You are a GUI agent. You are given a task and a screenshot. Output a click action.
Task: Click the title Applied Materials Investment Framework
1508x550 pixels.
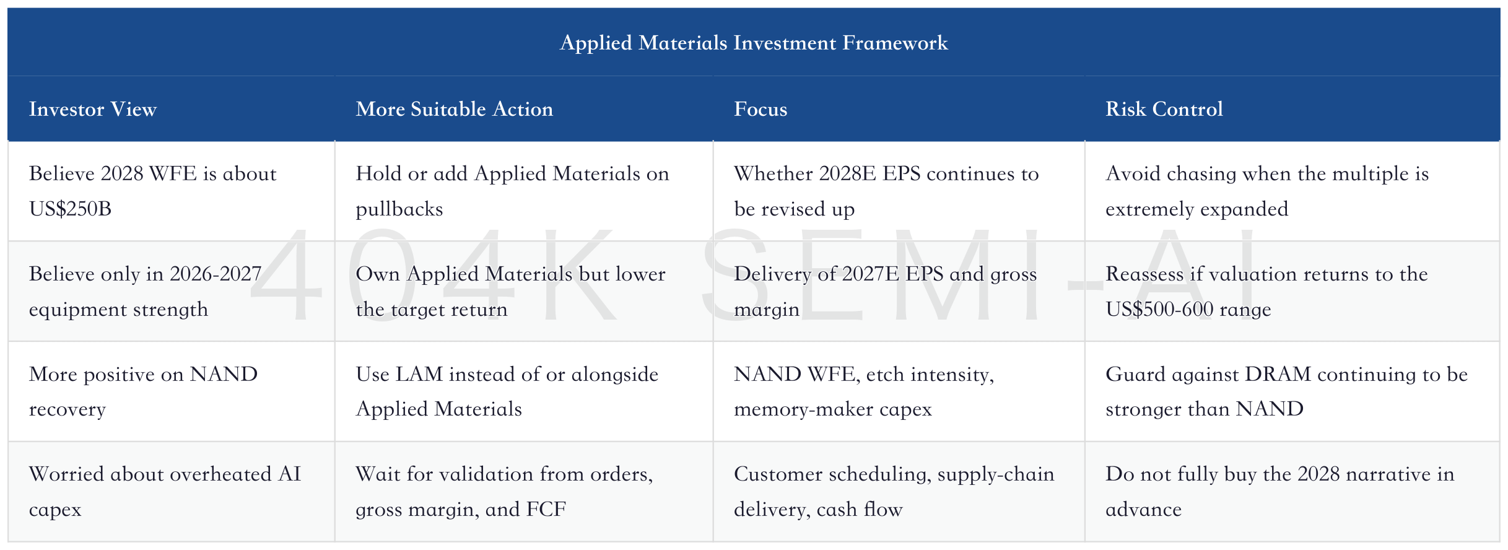754,43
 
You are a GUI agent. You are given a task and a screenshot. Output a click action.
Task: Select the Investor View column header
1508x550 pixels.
93,109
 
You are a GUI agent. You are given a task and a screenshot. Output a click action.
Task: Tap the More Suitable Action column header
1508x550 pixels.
455,109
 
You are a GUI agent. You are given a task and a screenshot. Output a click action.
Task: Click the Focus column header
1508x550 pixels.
761,109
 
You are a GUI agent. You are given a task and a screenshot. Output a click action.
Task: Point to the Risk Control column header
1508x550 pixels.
1164,109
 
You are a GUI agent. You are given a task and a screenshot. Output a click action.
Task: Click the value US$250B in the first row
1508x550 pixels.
70,209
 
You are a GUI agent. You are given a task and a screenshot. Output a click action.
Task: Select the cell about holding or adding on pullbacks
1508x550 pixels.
513,191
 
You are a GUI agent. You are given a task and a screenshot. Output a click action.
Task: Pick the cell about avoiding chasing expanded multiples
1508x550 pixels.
1267,191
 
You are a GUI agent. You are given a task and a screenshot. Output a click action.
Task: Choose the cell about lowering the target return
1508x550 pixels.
511,291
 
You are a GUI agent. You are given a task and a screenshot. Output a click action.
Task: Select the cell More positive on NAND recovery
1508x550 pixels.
143,391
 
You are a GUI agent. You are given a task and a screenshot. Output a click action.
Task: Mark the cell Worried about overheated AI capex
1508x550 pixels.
165,491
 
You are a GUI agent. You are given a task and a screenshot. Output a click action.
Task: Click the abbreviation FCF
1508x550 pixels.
546,509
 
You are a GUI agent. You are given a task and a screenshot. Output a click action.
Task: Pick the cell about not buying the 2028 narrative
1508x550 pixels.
1279,491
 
